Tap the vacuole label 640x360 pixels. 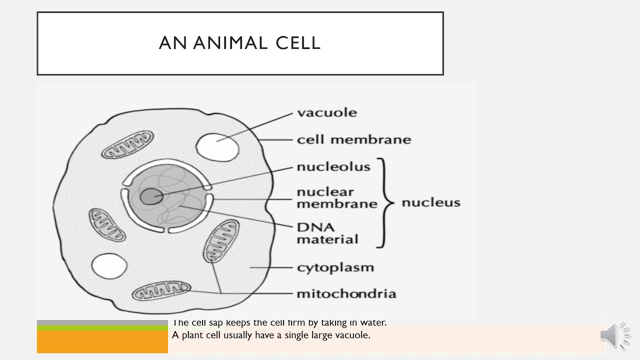point(327,112)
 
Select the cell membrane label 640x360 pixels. point(353,139)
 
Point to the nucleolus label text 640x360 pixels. point(333,166)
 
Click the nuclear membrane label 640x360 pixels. point(336,198)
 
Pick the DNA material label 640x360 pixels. point(327,233)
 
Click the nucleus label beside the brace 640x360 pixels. point(431,202)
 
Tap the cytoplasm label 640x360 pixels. point(335,267)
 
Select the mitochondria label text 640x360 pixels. point(346,293)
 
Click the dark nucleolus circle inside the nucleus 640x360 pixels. point(150,196)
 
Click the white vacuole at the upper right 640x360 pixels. point(217,145)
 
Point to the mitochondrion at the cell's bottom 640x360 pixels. point(161,291)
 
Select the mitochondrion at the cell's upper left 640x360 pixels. point(127,144)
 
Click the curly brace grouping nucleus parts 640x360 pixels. point(384,202)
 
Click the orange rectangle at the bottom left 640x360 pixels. point(102,342)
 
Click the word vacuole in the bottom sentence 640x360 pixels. point(354,335)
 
